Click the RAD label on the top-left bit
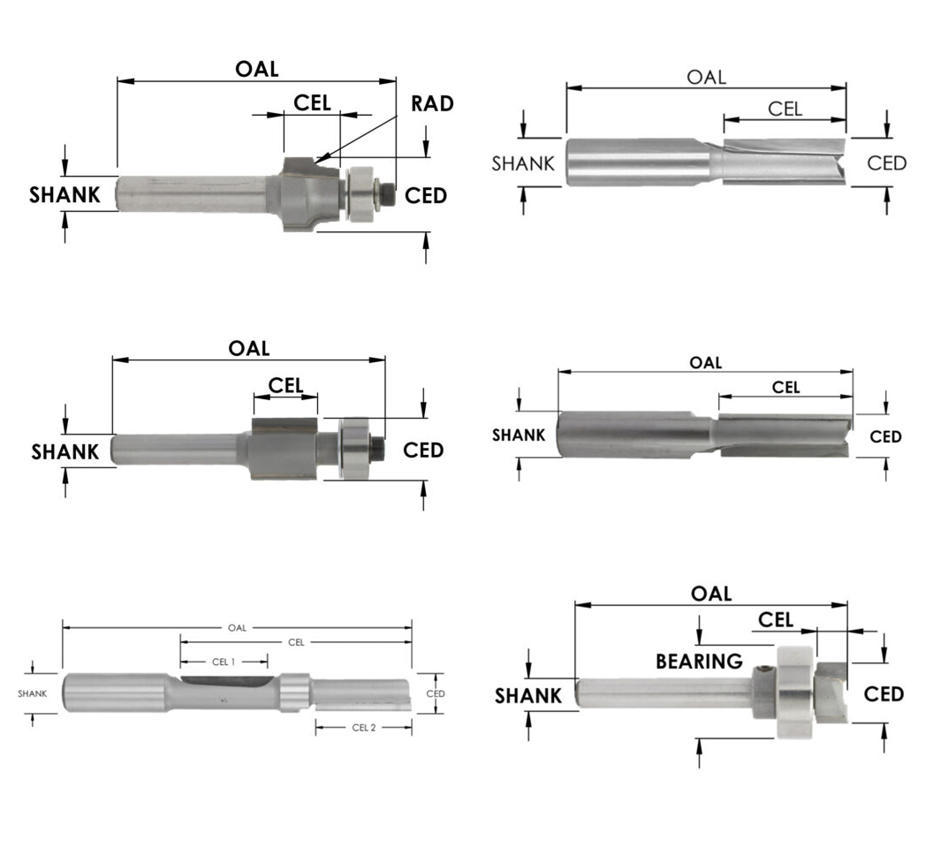(x=432, y=103)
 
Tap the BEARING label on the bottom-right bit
(x=699, y=661)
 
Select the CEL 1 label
(x=224, y=661)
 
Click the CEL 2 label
(x=364, y=728)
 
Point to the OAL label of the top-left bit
(x=256, y=69)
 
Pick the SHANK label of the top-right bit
(x=523, y=163)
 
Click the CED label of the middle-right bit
(x=885, y=436)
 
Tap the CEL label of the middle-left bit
(x=285, y=385)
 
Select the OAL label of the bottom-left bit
(x=237, y=628)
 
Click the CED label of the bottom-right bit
(x=884, y=694)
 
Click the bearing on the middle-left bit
(x=353, y=449)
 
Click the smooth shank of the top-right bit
(x=636, y=162)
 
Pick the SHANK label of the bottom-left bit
(x=32, y=693)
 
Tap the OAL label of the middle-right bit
(x=705, y=362)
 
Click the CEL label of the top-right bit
(x=785, y=109)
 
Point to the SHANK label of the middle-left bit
(x=65, y=452)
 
